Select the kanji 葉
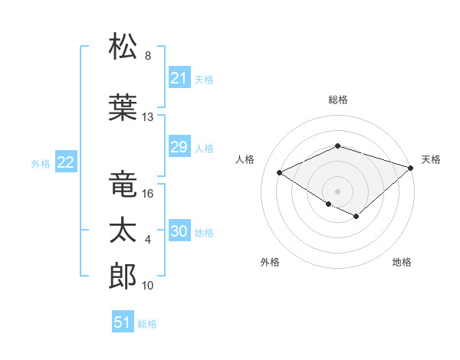point(123,106)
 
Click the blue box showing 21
point(179,78)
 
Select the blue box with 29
point(179,148)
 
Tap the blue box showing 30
point(179,232)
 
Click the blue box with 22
point(65,162)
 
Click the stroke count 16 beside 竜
point(148,194)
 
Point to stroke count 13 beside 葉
point(148,117)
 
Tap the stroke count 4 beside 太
point(148,241)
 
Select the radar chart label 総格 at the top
point(337,100)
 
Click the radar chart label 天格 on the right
point(432,159)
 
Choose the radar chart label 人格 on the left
point(245,159)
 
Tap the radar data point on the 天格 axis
point(412,167)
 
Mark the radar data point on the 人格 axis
point(280,172)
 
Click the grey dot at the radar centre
point(337,191)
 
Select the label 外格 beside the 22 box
point(41,163)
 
